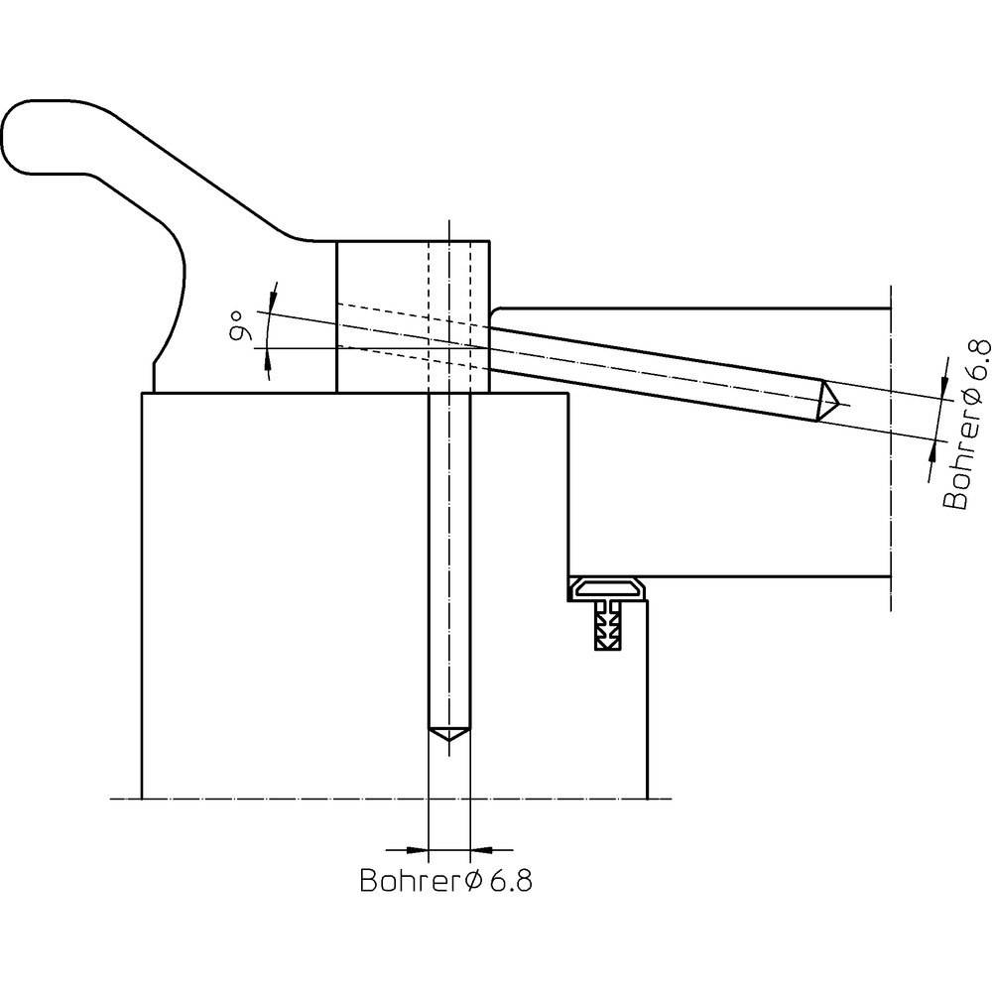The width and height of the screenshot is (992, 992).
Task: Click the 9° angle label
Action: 237,326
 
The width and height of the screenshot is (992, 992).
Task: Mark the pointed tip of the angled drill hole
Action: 830,401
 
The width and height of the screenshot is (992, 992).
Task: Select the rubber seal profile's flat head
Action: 608,591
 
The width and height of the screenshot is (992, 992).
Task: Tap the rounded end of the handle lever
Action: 30,134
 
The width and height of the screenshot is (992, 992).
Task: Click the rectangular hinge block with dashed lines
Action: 413,316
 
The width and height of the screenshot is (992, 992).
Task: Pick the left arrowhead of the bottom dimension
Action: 417,849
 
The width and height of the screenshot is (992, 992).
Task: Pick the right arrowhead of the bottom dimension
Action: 482,849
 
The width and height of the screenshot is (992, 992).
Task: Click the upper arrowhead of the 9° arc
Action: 274,294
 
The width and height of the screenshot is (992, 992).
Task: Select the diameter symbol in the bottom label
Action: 473,881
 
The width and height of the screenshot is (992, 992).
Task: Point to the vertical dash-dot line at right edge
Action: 891,446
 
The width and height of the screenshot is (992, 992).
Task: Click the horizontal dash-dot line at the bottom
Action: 397,799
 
